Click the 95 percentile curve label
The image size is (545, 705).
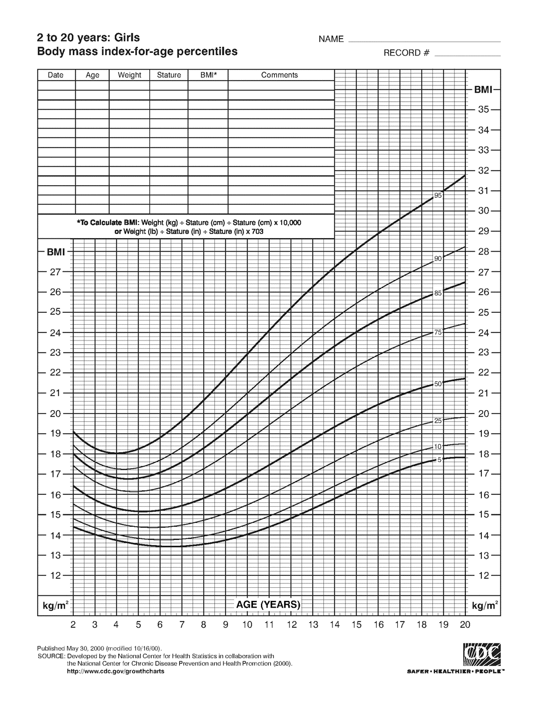(x=438, y=195)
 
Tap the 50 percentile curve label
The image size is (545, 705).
(x=438, y=384)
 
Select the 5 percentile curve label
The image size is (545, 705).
(x=439, y=460)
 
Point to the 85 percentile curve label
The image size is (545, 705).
(x=438, y=294)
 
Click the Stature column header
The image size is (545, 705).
(x=169, y=75)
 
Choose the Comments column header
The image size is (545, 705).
(x=280, y=75)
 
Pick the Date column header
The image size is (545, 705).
(x=56, y=75)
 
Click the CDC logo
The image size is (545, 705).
(x=482, y=654)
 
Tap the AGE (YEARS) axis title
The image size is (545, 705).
(x=268, y=605)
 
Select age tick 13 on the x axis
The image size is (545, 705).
(x=313, y=625)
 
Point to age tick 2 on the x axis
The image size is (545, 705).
(x=73, y=625)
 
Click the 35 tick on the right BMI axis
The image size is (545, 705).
(x=483, y=110)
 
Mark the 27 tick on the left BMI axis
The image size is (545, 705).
(x=54, y=271)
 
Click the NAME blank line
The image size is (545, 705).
(x=424, y=41)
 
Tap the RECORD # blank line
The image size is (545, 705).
(x=468, y=56)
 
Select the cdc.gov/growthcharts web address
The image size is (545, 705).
(x=115, y=671)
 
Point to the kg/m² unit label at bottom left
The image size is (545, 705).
(x=55, y=606)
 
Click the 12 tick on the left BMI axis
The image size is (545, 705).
(x=54, y=575)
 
